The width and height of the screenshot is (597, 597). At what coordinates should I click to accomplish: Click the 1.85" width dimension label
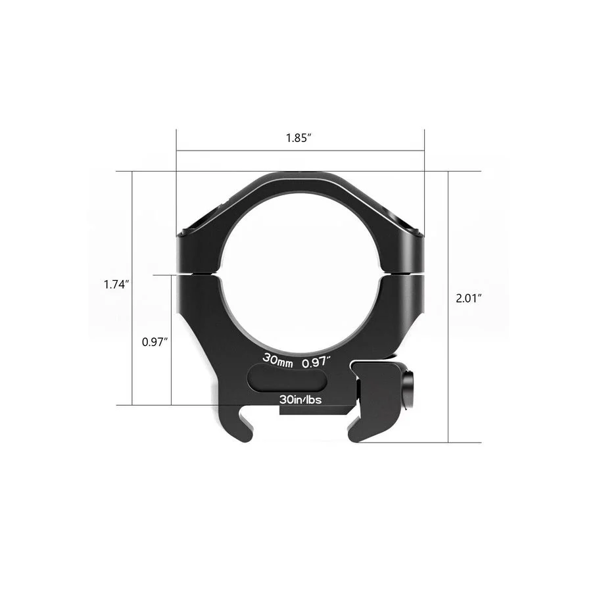click(x=299, y=138)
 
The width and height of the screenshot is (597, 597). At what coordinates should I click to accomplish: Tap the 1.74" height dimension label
click(x=117, y=285)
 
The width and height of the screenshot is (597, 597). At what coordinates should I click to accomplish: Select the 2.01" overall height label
click(x=469, y=298)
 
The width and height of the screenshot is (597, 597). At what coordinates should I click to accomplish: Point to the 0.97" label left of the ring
click(x=155, y=342)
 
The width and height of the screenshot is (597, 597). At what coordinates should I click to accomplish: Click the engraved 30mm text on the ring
click(x=278, y=360)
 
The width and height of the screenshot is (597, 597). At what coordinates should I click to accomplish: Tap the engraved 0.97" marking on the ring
click(x=316, y=362)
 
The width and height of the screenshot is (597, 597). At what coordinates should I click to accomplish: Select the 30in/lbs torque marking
click(x=300, y=399)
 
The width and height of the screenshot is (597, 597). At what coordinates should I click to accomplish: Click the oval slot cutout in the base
click(x=287, y=377)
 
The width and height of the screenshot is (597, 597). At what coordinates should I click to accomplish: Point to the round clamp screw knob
click(x=410, y=389)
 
